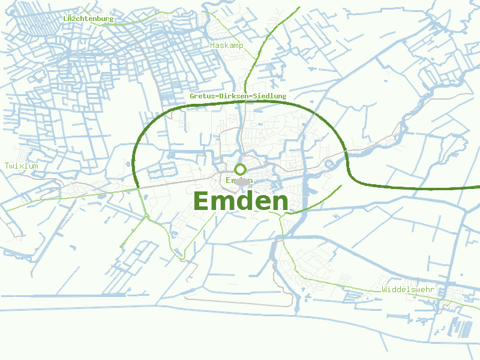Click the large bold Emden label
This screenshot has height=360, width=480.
coord(241,201)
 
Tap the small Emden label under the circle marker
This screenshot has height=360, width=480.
coord(239,181)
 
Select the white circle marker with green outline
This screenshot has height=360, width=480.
coord(241,169)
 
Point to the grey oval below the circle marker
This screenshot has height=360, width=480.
coord(241,181)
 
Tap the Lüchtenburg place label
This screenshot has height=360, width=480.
coord(88,19)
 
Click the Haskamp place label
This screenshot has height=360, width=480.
coord(226,45)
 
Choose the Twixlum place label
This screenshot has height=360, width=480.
coord(21,166)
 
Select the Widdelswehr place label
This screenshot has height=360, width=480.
coord(407,290)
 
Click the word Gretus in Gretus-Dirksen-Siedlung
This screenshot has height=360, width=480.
coord(202,96)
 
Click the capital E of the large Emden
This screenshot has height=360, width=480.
coord(203,201)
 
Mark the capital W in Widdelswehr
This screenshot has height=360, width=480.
coord(384,290)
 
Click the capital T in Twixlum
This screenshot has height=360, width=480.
coord(7,166)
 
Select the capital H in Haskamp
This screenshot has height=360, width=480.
coord(212,45)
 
